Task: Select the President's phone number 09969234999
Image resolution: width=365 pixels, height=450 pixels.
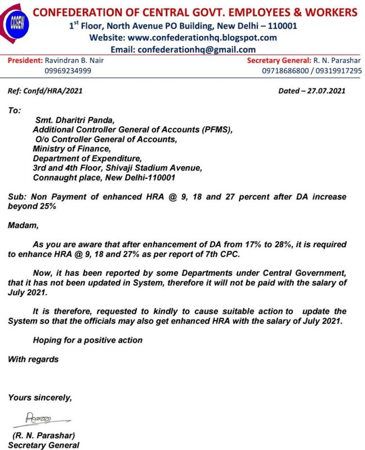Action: pyautogui.click(x=68, y=70)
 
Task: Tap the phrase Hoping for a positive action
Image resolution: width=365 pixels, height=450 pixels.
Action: pyautogui.click(x=87, y=340)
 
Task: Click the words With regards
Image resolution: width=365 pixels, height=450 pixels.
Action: pyautogui.click(x=33, y=359)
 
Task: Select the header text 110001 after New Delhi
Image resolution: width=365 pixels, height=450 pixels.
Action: pyautogui.click(x=279, y=25)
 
